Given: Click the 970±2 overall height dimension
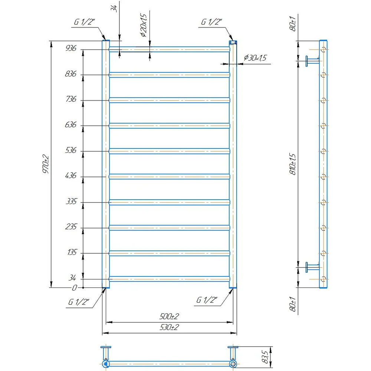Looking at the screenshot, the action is tap(46, 164).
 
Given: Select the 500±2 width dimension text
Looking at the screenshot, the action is tap(169, 316).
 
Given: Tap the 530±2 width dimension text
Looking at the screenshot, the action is tap(169, 327).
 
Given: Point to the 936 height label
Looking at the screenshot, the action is tap(71, 48).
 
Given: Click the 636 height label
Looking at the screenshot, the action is tap(71, 124).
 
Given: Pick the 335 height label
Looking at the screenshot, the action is tap(71, 201).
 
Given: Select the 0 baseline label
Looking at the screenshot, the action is tap(75, 288).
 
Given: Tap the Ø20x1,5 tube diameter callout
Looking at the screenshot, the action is tap(144, 25).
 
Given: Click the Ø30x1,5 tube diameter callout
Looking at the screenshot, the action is tap(255, 58).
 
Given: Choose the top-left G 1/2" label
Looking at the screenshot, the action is tap(84, 22).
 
